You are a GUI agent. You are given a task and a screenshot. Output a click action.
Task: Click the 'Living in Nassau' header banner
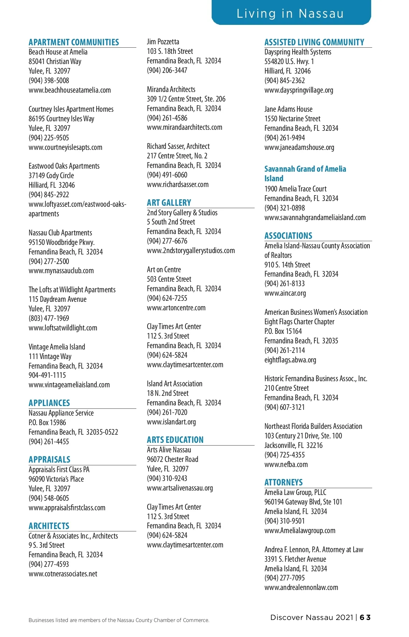[290, 14]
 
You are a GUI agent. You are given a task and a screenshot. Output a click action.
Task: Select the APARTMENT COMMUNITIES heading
[74, 42]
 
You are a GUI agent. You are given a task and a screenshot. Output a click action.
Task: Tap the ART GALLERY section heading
[169, 203]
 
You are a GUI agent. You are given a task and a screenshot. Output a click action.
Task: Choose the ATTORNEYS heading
[284, 482]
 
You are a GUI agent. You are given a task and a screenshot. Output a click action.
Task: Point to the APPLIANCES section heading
[49, 403]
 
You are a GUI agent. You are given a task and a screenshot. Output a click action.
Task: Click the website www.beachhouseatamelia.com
[70, 90]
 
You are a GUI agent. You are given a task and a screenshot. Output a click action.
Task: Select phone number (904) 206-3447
[167, 71]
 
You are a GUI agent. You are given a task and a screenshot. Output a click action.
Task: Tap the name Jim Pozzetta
[163, 42]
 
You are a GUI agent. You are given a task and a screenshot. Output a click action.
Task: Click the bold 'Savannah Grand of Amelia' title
[305, 169]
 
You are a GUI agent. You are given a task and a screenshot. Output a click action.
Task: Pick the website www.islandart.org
[171, 422]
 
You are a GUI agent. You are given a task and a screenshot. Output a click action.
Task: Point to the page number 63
[365, 617]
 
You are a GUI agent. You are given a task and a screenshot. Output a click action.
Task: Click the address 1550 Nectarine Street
[292, 119]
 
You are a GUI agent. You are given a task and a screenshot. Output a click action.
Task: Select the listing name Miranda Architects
[171, 90]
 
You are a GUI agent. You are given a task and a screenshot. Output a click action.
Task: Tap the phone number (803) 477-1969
[49, 318]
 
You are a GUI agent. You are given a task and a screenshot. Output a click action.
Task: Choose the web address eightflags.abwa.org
[290, 360]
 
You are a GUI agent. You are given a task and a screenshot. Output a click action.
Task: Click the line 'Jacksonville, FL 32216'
[293, 446]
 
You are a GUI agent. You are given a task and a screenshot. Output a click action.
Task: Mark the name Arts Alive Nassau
[169, 450]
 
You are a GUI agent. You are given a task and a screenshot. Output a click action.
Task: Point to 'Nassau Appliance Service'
[61, 413]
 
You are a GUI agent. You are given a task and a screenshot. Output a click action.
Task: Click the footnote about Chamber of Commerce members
[119, 620]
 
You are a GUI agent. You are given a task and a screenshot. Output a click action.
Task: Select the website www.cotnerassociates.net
[63, 574]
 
